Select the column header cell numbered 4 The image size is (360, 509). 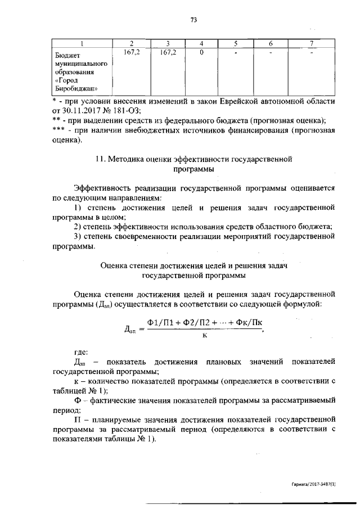(x=201, y=44)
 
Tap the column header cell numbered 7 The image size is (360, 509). (x=312, y=44)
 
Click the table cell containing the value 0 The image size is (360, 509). (x=201, y=53)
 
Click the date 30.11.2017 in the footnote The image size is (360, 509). (x=83, y=111)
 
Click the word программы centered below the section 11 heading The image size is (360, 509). (x=193, y=169)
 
